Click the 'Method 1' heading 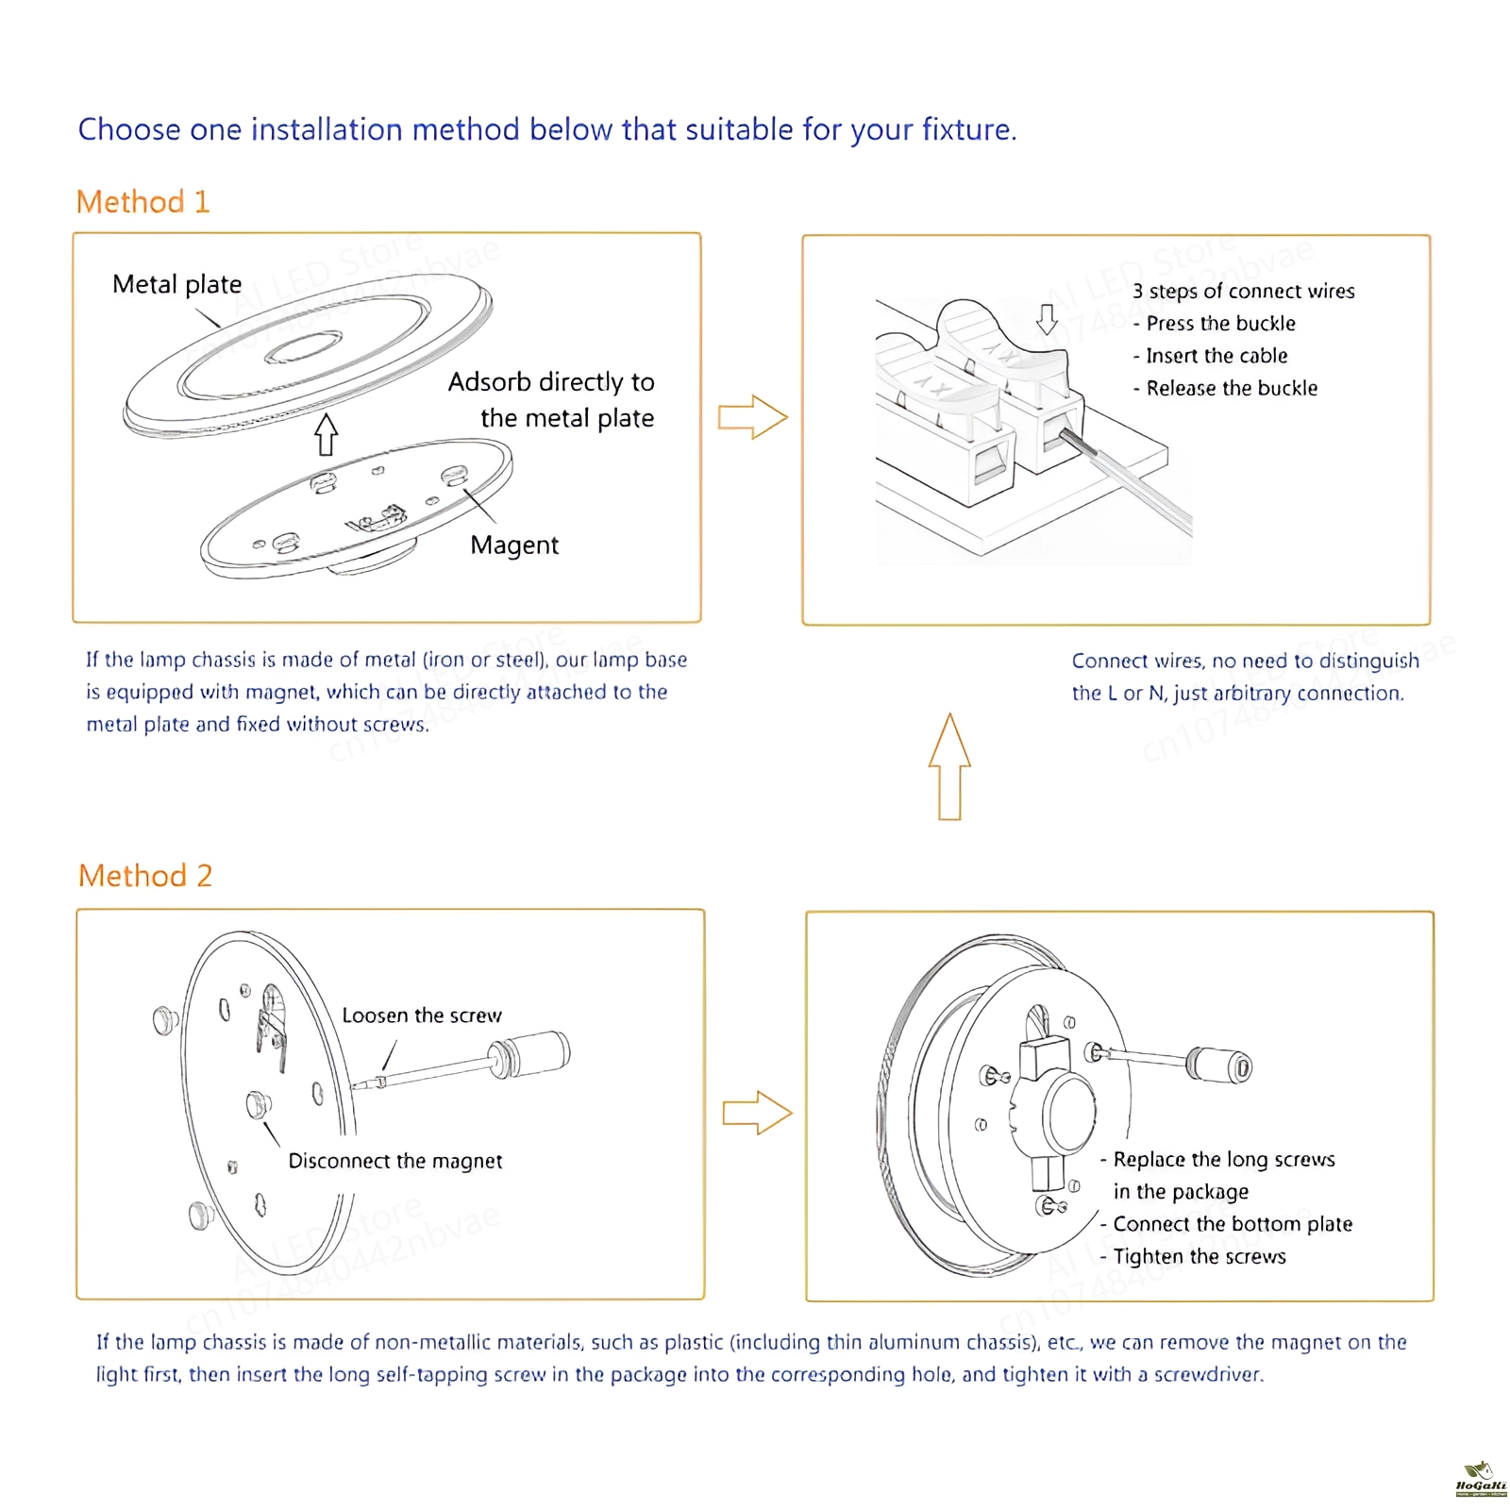coord(143,202)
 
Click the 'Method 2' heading coord(145,876)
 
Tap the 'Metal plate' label coord(176,284)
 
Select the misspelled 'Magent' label coord(514,545)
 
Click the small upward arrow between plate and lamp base coord(327,433)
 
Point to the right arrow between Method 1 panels coord(752,416)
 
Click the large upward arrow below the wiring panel coord(949,766)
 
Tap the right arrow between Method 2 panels coord(757,1113)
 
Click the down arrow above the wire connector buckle coord(1047,319)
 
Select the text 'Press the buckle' coord(1220,324)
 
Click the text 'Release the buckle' coord(1232,388)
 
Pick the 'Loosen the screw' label coord(422,1015)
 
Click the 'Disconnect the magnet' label coord(395,1161)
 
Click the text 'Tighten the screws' coord(1200,1256)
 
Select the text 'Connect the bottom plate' coord(1233,1224)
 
